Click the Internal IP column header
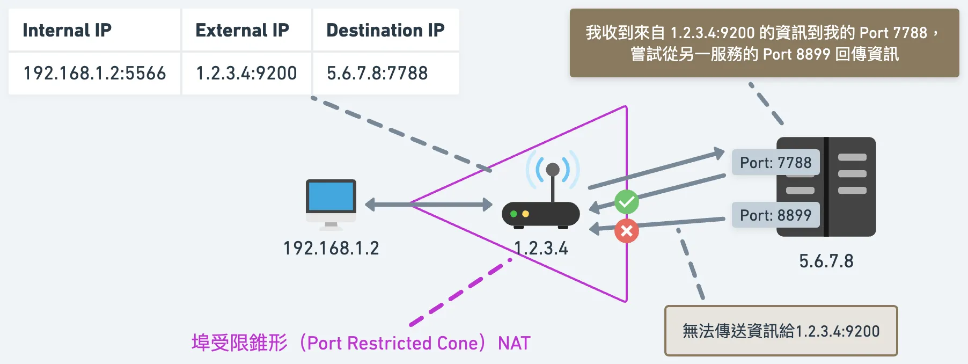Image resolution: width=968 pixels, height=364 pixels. [x=67, y=30]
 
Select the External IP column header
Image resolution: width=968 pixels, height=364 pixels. [x=242, y=30]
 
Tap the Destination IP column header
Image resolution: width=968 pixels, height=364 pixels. [x=385, y=30]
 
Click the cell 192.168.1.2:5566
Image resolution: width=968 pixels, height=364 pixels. [x=94, y=73]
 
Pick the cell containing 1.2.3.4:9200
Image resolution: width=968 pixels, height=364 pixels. [x=246, y=73]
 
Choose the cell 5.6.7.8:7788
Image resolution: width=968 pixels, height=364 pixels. [x=377, y=73]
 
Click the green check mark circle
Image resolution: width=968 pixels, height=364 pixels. [x=626, y=202]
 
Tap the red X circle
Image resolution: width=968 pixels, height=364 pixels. [x=626, y=231]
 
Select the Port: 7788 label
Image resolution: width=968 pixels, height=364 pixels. [x=775, y=163]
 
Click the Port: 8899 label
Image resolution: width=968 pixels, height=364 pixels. [x=775, y=215]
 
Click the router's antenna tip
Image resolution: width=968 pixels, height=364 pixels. [x=553, y=170]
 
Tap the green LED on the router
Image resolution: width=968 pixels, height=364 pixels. [x=514, y=214]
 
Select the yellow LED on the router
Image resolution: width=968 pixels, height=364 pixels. [x=526, y=214]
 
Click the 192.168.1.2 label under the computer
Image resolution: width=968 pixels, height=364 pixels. [x=331, y=248]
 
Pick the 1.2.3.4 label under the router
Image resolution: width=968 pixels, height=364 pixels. [x=541, y=248]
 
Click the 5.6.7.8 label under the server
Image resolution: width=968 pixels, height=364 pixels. [x=826, y=261]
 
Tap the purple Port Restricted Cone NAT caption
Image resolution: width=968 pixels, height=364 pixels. [x=361, y=343]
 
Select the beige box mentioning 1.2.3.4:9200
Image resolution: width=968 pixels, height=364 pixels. [x=781, y=331]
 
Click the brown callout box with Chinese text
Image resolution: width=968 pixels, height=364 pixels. [x=764, y=43]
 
